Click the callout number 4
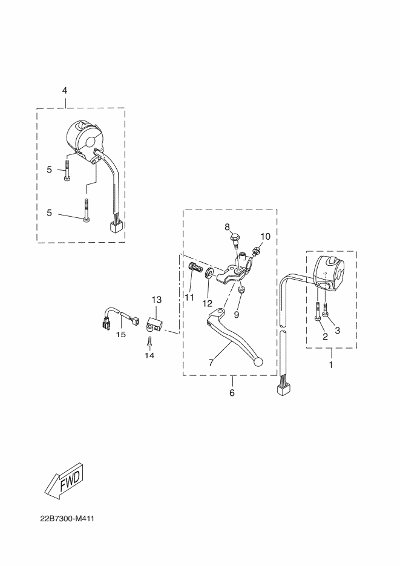pos(65,90)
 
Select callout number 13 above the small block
pos(157,300)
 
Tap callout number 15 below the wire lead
pos(121,334)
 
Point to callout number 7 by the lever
pos(211,363)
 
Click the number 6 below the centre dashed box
pos(232,393)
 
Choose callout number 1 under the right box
pos(331,365)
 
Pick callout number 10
pos(265,235)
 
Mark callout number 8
pos(228,227)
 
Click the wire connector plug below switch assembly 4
pos(115,226)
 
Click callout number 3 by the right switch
pos(338,331)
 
